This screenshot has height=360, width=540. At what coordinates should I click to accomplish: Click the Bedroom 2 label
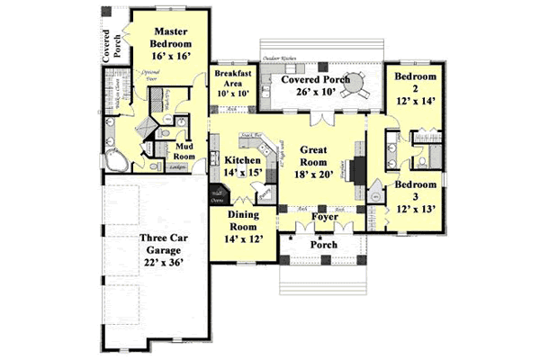coord(416,88)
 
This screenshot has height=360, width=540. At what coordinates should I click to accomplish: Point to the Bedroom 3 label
coord(416,196)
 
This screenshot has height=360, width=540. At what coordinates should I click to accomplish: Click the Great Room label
coord(319,157)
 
